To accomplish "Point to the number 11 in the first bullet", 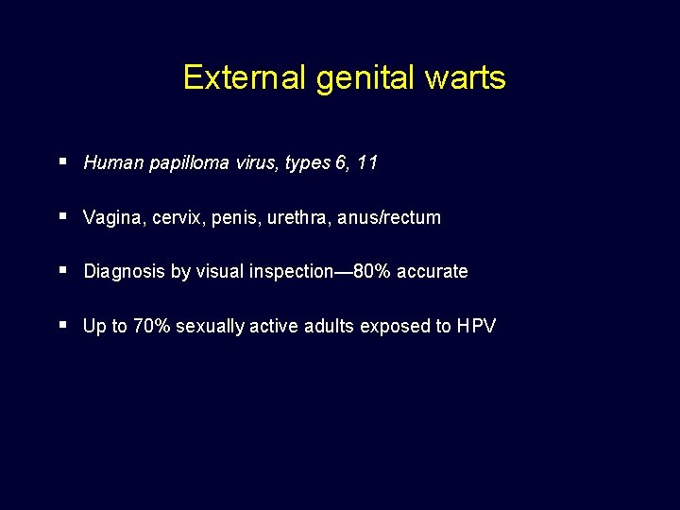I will point(367,162).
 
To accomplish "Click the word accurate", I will point(432,272).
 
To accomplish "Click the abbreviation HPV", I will point(476,327).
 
